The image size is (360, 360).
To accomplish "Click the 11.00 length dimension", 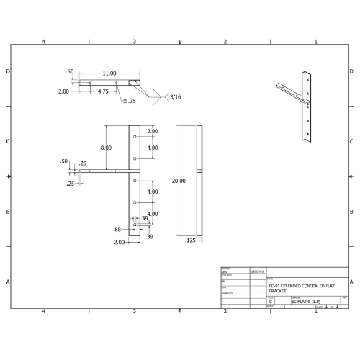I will click(109, 73).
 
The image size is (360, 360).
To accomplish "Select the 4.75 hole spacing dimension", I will click(103, 91).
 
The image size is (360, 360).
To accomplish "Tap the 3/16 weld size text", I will click(176, 96).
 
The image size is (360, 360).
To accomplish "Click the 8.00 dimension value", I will click(107, 148).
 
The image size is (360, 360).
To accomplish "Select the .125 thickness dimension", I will click(190, 240).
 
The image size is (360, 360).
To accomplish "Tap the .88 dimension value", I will click(117, 229).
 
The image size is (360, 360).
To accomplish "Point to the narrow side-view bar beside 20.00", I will click(199, 180).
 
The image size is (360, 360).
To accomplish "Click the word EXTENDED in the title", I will click(292, 285).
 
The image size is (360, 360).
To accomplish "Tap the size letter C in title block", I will click(271, 302).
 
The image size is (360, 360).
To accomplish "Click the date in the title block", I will click(256, 272).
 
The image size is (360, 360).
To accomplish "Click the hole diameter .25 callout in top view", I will click(130, 102).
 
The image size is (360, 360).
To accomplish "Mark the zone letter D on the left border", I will click(8, 71).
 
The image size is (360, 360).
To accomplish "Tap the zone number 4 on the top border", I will click(44, 42).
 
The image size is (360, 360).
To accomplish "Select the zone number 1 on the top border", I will click(316, 42).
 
